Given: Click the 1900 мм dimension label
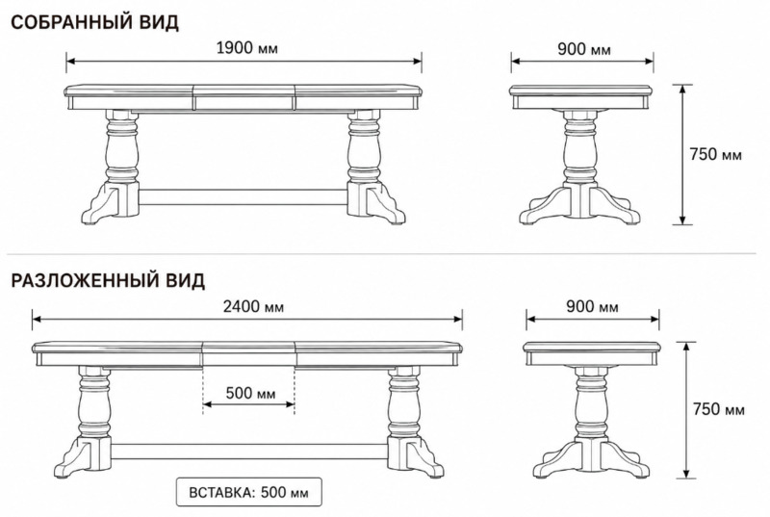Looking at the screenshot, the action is coord(247,48).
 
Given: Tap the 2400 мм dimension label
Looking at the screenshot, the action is coord(253,306).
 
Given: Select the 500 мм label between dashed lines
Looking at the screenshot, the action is coord(250,393).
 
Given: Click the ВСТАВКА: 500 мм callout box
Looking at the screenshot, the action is coord(249,491).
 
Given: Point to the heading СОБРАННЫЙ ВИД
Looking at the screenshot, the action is coord(94,22).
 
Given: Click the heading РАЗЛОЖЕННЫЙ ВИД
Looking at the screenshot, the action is coord(108,280).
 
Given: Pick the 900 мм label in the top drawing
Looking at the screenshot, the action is coord(584,49).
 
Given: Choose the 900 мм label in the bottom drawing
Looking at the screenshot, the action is coord(592,306).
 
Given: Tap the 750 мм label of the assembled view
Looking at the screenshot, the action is coord(715,154).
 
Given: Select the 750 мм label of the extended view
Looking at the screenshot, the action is coord(718,408).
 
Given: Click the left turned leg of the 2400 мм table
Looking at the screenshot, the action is coord(93,402).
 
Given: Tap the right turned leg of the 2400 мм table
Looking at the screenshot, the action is coord(404,402).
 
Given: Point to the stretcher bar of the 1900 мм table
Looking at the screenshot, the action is coord(244,196).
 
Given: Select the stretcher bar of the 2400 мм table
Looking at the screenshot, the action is coord(249,452).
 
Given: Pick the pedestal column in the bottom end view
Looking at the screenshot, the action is coord(592,403).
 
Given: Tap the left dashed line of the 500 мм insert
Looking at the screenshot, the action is coord(203,390).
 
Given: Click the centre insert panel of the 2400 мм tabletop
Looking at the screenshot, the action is coord(248,354).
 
